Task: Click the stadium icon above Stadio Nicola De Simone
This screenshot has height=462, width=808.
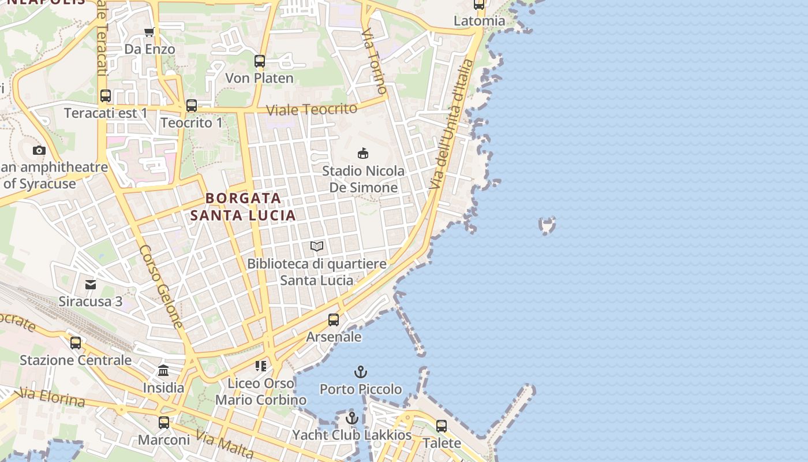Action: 363,153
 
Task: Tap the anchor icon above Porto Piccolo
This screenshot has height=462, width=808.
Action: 361,371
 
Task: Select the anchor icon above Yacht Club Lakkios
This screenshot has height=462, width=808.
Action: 352,418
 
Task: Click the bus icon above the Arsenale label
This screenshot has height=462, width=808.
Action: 334,319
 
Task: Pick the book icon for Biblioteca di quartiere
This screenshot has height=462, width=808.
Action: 317,247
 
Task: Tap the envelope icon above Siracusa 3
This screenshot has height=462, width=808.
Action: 91,284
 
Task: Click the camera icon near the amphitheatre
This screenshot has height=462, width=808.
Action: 39,151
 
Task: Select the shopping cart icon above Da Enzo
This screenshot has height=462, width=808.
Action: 149,32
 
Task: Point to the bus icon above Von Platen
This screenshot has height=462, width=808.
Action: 260,61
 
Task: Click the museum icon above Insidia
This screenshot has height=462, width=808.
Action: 163,370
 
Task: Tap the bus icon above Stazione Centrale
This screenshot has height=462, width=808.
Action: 76,343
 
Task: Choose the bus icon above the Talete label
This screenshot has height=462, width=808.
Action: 442,426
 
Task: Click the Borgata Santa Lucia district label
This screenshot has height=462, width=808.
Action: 243,207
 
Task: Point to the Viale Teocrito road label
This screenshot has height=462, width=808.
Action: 312,109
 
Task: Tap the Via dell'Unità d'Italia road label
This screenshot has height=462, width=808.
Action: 452,124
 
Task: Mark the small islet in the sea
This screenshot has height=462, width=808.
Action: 547,225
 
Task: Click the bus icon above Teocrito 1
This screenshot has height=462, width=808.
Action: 192,106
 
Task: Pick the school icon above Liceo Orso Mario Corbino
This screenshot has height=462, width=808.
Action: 261,366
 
